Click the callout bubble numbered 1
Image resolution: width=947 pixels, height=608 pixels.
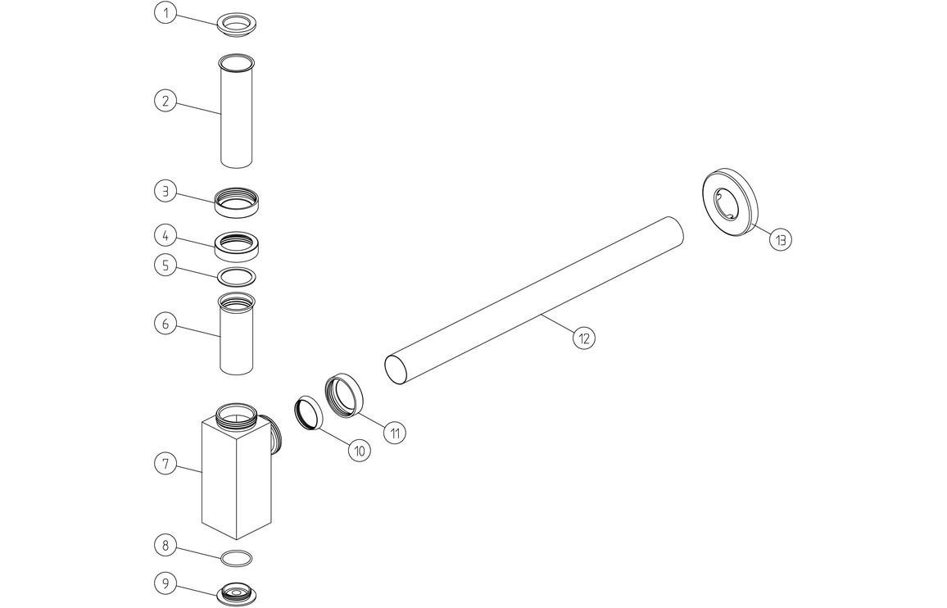(165, 13)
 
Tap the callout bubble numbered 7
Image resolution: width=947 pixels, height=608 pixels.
(165, 464)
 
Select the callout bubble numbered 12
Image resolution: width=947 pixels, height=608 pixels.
(583, 338)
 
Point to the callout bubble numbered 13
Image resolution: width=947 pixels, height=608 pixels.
(781, 239)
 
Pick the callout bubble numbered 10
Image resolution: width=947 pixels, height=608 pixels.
(359, 449)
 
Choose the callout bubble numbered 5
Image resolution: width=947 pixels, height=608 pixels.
(165, 265)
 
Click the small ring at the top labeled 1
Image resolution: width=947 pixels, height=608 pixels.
(238, 23)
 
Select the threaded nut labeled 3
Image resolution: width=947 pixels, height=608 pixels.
(237, 202)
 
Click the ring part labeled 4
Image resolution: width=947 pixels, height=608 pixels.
(237, 243)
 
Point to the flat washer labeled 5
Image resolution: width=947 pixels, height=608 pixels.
(237, 276)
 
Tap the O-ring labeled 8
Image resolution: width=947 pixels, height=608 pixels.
(237, 558)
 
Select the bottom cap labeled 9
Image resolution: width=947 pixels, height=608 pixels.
(237, 593)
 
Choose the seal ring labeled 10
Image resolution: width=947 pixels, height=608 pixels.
(308, 412)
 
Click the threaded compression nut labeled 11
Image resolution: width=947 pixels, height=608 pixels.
(344, 394)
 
